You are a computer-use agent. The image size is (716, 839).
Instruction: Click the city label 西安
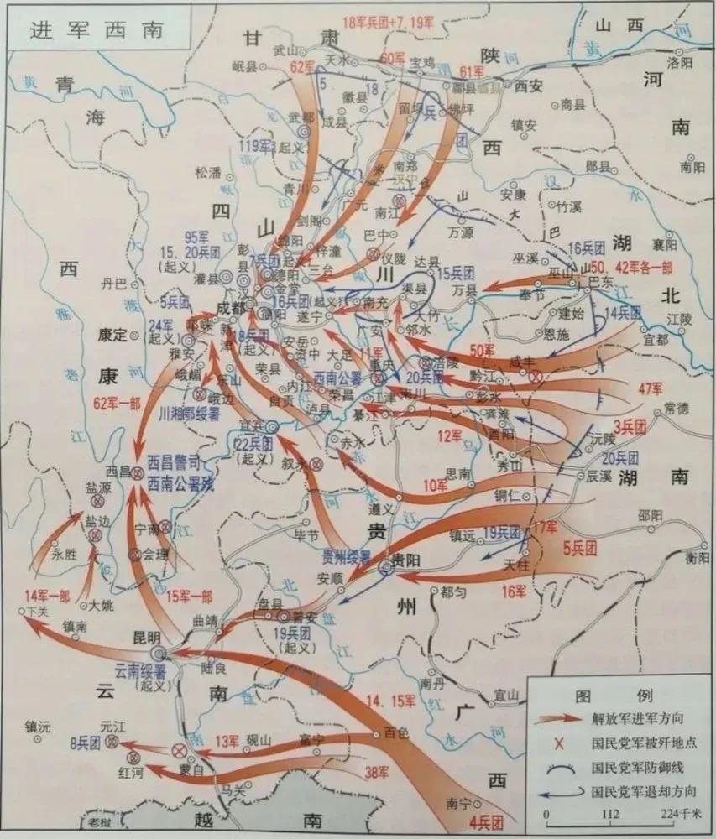pos(530,85)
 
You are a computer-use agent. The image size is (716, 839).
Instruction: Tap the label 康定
pos(112,333)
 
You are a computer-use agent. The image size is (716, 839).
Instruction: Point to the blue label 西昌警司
pos(175,463)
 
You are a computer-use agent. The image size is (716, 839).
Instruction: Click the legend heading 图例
pos(615,696)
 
